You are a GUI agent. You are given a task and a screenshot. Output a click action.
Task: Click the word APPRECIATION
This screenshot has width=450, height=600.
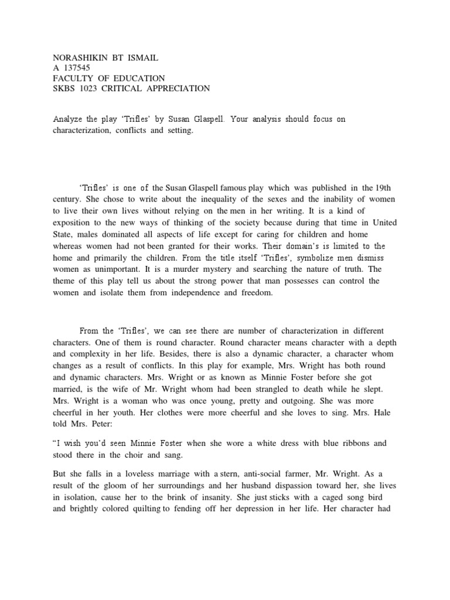(x=180, y=89)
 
